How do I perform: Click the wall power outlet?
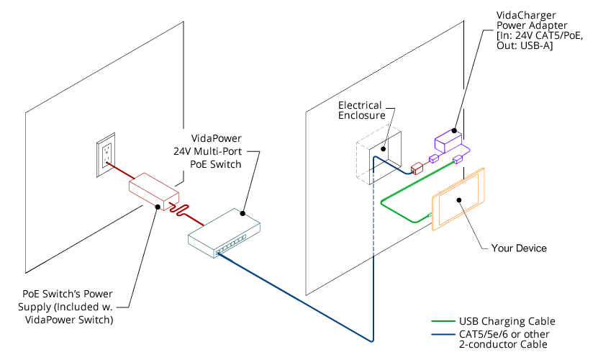click(x=107, y=155)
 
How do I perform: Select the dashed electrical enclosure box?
click(x=377, y=158)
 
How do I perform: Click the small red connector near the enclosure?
click(x=416, y=168)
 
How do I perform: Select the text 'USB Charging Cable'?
click(x=507, y=322)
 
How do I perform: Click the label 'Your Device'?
click(x=519, y=248)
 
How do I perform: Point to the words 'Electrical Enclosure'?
click(x=362, y=110)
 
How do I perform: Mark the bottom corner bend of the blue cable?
click(x=372, y=339)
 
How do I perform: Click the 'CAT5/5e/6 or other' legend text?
click(x=503, y=333)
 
